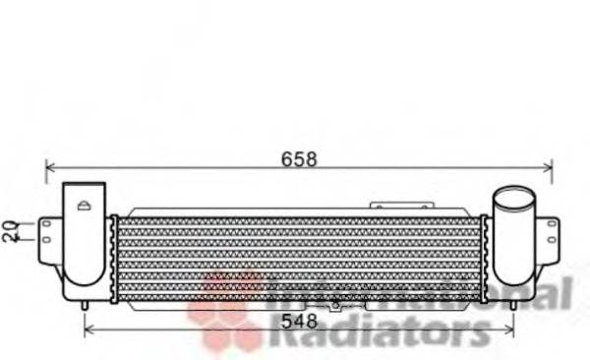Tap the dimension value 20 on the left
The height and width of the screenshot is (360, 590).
click(10, 231)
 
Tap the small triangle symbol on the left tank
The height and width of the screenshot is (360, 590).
click(85, 206)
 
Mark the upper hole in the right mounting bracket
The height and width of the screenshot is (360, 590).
click(553, 225)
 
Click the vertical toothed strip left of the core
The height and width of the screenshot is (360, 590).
click(113, 258)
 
